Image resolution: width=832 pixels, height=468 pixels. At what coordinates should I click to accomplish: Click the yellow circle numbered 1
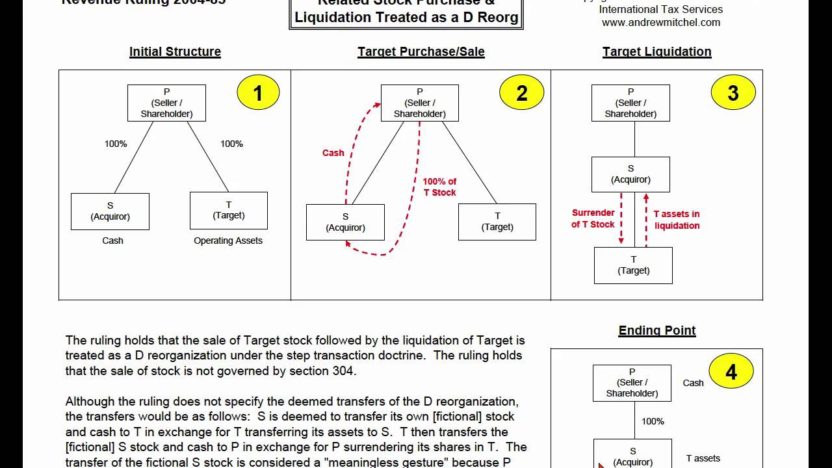point(258,92)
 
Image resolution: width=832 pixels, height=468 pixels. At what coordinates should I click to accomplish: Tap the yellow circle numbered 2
point(521,92)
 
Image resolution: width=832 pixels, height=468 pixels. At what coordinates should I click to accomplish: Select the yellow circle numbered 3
point(733,92)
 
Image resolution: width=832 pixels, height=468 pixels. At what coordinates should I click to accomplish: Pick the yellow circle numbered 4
point(731,372)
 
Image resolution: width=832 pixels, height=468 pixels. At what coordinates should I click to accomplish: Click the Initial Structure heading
point(175,51)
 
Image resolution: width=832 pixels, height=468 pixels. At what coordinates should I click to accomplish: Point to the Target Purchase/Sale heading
point(421,51)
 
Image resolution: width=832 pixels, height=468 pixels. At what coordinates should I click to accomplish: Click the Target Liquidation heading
point(656,51)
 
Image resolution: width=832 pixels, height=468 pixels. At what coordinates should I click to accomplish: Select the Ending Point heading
point(656,330)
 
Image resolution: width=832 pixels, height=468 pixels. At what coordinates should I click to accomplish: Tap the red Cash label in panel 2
point(333,153)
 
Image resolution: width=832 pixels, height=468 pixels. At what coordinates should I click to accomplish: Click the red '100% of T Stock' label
point(439,187)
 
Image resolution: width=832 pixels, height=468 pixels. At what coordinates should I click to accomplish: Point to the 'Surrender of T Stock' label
point(593,218)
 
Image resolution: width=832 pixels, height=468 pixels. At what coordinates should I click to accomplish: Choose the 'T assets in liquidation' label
point(677,220)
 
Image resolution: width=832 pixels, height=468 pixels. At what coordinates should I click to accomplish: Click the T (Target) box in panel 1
point(228,211)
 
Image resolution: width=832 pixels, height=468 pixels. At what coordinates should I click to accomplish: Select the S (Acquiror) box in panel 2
point(345,222)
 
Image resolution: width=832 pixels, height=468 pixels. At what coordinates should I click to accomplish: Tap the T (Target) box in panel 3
point(633,265)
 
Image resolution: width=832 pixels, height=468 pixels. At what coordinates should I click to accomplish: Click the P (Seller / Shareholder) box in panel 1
point(166,103)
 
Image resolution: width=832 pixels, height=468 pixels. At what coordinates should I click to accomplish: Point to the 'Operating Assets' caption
point(228,240)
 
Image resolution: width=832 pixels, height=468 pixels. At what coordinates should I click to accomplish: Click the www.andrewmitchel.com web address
point(660,22)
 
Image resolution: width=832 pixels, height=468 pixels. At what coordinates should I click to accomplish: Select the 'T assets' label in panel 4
point(703,458)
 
